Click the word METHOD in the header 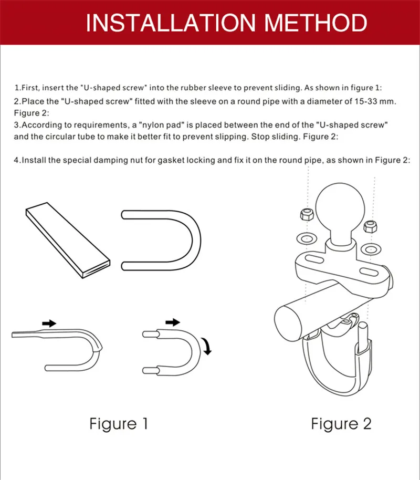[x=315, y=24]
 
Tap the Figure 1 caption [x=118, y=424]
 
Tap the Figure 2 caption [x=341, y=424]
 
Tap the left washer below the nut [x=304, y=237]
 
